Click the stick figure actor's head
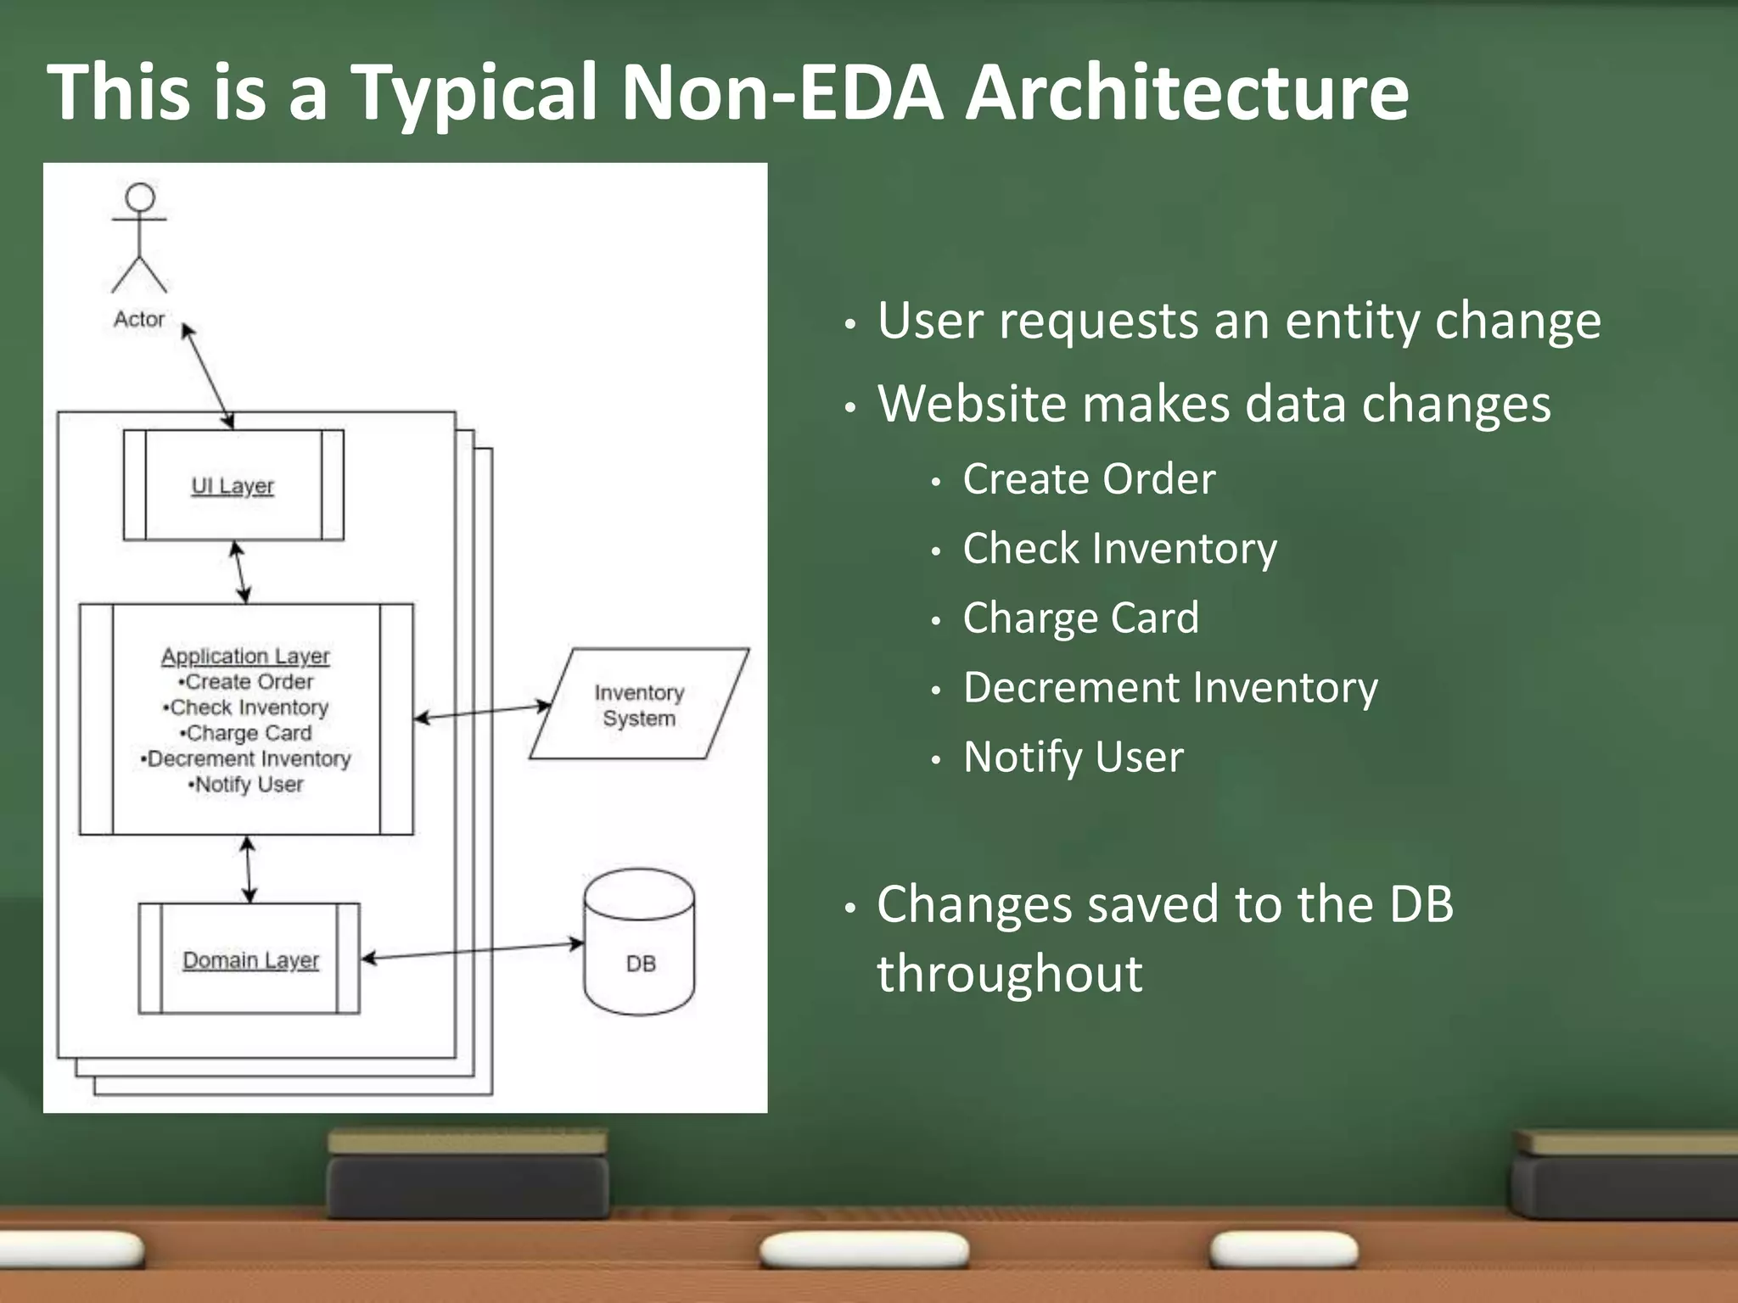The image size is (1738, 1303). click(140, 198)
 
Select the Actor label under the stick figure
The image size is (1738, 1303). click(139, 319)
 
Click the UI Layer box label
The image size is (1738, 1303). click(233, 486)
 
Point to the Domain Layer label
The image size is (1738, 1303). click(250, 959)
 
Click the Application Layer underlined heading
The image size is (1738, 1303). click(245, 656)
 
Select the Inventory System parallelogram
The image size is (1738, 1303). click(639, 705)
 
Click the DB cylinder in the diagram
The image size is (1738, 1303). click(639, 942)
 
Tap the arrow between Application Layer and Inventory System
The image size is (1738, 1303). click(482, 712)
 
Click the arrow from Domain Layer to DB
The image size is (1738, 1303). click(473, 951)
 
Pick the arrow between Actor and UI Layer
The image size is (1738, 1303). click(208, 376)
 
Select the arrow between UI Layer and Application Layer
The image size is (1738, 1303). click(241, 573)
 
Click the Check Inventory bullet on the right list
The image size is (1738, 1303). click(1119, 549)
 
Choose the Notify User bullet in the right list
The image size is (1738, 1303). click(1073, 757)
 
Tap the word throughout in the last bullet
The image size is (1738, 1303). click(1010, 974)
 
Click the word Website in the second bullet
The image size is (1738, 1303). click(970, 404)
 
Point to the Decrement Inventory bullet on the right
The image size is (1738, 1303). click(1170, 688)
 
